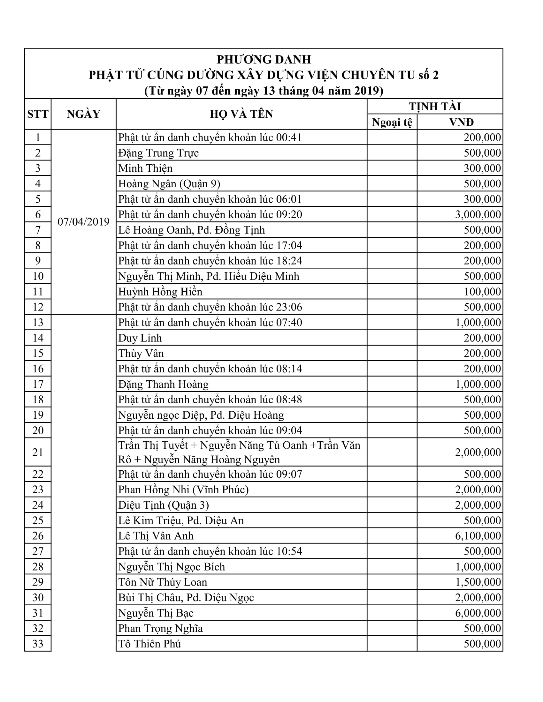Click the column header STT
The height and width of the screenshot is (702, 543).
tap(38, 114)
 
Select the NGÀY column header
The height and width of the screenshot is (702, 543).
tap(83, 114)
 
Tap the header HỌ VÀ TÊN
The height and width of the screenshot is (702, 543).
tap(241, 114)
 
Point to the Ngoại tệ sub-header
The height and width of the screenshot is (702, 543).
tap(392, 122)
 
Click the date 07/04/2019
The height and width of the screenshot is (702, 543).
tap(83, 222)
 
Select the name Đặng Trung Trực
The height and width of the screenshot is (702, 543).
tap(158, 153)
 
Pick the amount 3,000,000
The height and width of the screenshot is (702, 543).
tap(478, 214)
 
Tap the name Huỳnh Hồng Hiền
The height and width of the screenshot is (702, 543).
tap(160, 292)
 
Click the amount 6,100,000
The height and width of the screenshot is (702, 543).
tap(478, 536)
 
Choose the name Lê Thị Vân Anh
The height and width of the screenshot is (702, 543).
tap(156, 536)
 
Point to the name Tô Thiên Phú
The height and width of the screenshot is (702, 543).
tap(149, 644)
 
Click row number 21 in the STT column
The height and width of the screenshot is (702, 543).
tap(38, 452)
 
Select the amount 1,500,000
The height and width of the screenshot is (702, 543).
tap(478, 582)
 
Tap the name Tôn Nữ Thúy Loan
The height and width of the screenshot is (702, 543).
tap(163, 582)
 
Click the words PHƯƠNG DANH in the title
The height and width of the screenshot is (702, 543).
tap(264, 59)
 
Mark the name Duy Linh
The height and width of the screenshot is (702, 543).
tap(140, 338)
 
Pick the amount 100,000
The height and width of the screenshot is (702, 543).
tap(482, 292)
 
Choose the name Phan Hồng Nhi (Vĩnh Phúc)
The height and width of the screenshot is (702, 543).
tap(183, 489)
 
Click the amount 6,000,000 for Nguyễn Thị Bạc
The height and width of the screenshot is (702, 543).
tap(478, 613)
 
